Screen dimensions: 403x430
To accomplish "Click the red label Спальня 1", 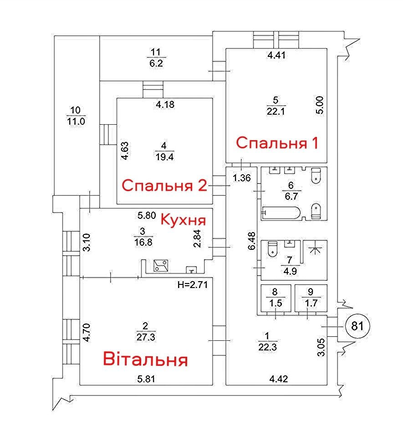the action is pos(277,143).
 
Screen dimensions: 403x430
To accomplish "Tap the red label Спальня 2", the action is pos(164,185).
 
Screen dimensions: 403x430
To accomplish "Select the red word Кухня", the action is pos(183,220).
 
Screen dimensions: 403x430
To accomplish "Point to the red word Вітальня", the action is pos(146,359).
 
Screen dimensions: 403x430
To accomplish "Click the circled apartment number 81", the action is pos(357,326).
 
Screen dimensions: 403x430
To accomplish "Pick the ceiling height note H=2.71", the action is pos(193,285).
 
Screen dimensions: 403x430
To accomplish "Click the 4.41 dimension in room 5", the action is pos(276,55).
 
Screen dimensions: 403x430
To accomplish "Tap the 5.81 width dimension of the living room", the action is pos(146,379).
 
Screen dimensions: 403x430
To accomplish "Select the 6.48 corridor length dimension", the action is pos(251,241).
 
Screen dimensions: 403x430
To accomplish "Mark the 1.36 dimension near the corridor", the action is pos(242,178).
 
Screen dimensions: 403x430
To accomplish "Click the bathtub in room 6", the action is pos(281,213).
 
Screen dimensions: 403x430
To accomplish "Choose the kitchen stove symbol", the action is pos(161,265).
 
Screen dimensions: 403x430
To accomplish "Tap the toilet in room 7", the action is pos(273,249).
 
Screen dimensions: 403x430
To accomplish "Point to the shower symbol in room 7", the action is pos(315,249).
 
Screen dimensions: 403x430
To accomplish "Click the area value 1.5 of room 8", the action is pos(275,303).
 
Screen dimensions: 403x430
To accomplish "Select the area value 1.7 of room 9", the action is pos(311,303).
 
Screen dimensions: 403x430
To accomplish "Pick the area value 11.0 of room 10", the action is pos(76,121).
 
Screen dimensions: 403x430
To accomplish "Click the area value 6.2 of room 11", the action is pos(156,63).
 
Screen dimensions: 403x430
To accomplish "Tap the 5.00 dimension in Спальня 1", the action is pos(320,105).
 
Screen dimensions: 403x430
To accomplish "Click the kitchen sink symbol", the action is pos(191,270).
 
